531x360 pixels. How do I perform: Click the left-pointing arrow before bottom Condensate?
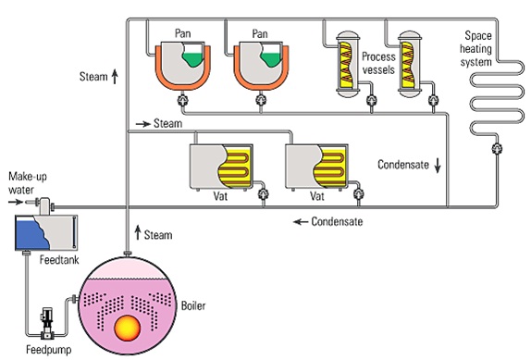[x=299, y=222]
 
